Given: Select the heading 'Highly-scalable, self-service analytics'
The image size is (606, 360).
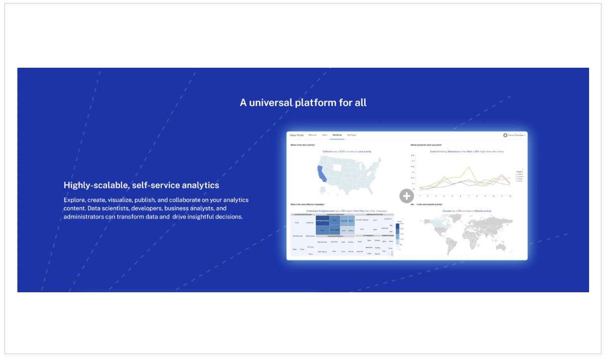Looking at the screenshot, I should [x=141, y=185].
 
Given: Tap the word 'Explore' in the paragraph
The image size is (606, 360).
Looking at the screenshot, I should [x=74, y=200].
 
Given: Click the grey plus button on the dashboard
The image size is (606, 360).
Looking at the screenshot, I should [x=406, y=196].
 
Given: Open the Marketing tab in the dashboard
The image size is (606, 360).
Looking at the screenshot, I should [x=337, y=135].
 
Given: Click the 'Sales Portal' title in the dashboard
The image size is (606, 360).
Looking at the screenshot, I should [x=297, y=135].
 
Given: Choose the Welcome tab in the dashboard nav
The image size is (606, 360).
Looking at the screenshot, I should [x=312, y=135].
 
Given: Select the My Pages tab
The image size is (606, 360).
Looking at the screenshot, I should [x=352, y=135].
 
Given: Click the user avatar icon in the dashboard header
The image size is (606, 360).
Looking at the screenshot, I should [x=505, y=135].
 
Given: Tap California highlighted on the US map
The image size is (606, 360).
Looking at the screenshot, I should [x=321, y=173].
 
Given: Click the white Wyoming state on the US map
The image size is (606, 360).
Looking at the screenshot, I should [x=337, y=167].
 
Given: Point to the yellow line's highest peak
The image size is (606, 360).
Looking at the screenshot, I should [x=468, y=167].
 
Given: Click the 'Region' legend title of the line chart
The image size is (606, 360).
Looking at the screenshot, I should [x=519, y=170].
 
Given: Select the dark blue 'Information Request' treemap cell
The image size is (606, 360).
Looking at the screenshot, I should [x=322, y=221].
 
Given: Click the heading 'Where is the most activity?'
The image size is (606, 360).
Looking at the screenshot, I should [x=303, y=145].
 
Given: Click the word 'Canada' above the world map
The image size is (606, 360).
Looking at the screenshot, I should [x=446, y=211].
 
